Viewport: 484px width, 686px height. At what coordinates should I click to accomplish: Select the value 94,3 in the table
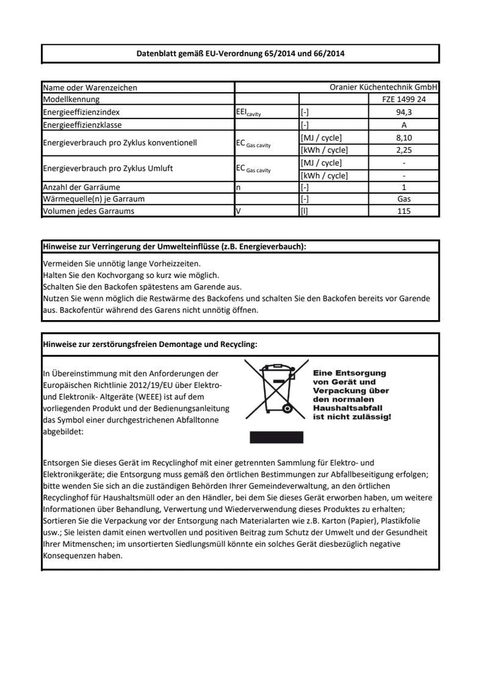(x=403, y=112)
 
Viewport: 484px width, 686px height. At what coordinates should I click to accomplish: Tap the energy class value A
(x=403, y=125)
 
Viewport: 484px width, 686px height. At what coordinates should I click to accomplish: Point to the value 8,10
(x=403, y=137)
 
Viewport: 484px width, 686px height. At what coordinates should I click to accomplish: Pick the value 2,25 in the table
(x=403, y=150)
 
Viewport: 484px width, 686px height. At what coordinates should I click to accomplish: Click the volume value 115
(x=403, y=211)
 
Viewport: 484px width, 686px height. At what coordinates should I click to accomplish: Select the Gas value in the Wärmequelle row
(x=403, y=199)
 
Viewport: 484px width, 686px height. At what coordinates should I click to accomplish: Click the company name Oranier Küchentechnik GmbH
(x=384, y=87)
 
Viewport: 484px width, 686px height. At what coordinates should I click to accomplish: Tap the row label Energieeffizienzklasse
(x=85, y=125)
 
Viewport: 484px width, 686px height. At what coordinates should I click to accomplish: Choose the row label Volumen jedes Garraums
(x=88, y=211)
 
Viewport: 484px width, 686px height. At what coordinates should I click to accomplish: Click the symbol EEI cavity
(x=248, y=113)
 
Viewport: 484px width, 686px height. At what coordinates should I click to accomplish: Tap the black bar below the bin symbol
(x=272, y=437)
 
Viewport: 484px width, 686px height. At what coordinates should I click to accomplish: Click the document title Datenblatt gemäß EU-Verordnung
(x=240, y=53)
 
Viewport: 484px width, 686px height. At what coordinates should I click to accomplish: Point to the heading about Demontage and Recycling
(x=149, y=344)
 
